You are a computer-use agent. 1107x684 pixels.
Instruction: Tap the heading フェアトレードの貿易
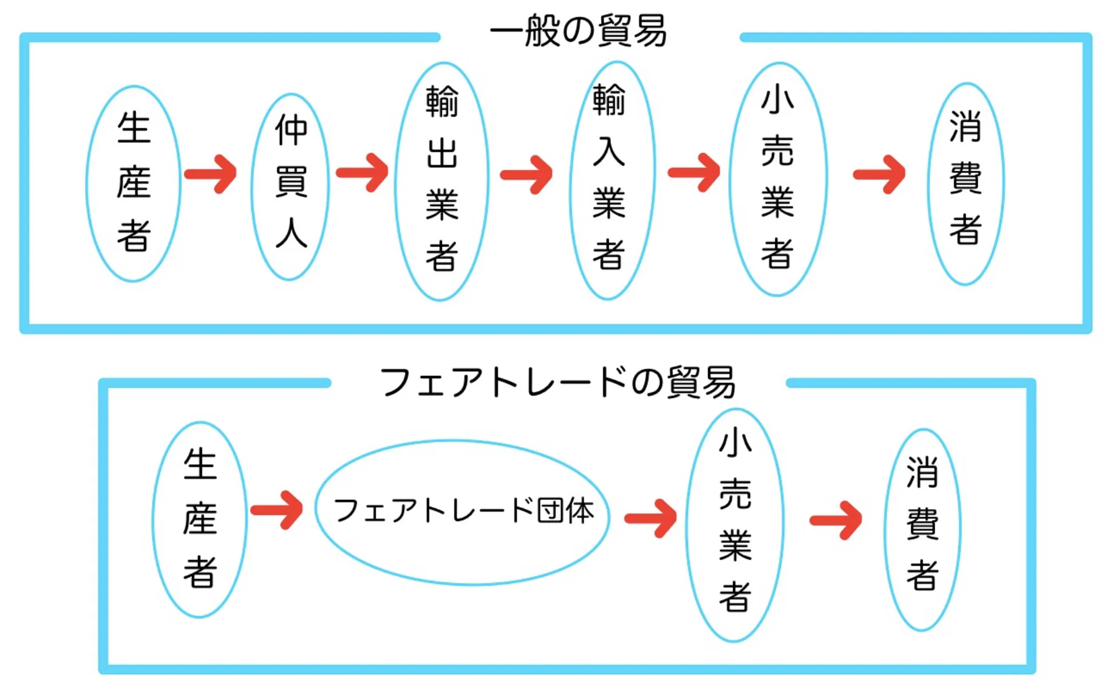tap(557, 382)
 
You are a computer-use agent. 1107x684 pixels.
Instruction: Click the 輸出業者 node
tap(441, 180)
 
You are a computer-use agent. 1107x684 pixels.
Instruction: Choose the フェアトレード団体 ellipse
tap(463, 511)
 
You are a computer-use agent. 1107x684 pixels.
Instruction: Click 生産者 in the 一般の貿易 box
tap(134, 182)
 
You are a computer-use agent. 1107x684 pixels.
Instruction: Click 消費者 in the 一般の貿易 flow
tap(965, 182)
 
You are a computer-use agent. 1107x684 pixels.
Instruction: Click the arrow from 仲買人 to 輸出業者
tap(363, 173)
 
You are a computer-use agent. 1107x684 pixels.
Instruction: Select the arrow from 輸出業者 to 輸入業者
tap(526, 175)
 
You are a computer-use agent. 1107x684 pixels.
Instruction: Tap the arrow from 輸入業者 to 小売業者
tap(694, 173)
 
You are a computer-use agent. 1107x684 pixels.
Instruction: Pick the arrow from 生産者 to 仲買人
tap(211, 174)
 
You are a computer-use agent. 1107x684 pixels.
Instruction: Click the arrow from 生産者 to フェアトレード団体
tap(277, 510)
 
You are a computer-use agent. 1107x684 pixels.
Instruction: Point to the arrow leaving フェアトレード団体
tap(651, 518)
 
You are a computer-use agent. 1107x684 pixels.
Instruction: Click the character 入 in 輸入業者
tap(609, 152)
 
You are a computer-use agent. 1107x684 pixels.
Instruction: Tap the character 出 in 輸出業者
tap(441, 153)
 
